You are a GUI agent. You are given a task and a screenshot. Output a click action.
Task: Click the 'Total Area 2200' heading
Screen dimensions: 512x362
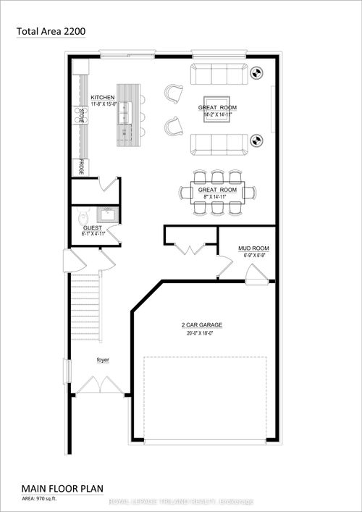click(51, 31)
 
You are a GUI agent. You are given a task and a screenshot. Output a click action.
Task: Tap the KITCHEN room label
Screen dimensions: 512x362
click(102, 96)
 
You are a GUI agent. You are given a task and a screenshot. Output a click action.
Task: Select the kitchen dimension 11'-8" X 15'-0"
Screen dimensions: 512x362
click(102, 104)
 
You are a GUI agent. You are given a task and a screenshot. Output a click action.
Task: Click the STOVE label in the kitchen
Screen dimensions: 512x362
click(82, 116)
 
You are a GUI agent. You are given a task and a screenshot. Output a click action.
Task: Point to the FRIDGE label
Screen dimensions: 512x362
click(82, 167)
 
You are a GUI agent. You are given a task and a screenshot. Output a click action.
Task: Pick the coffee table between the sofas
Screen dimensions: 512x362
click(215, 108)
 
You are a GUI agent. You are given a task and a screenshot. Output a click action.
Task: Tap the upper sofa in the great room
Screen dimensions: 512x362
click(219, 74)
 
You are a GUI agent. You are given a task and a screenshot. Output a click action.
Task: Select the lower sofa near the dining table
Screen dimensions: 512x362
click(219, 143)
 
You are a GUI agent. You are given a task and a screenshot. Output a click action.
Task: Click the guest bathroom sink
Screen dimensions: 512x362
click(108, 214)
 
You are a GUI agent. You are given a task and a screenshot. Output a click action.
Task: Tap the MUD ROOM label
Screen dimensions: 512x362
click(253, 247)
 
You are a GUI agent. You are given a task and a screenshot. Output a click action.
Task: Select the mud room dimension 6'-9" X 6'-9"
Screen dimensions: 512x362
click(253, 254)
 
